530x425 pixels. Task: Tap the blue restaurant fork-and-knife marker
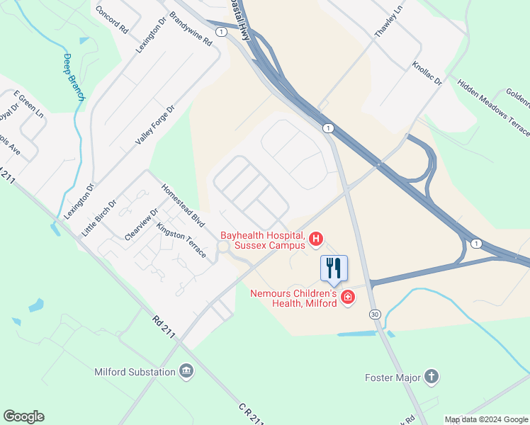[x=334, y=268]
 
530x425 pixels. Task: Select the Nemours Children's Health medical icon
[x=347, y=297]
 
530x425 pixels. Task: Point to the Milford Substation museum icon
[x=186, y=372]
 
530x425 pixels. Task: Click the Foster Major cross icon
[x=432, y=376]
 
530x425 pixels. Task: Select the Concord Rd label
[x=112, y=21]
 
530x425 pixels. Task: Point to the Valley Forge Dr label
[x=154, y=124]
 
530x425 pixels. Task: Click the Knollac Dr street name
[x=427, y=74]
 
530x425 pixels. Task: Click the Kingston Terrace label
[x=181, y=240]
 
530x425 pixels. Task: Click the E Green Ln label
[x=28, y=106]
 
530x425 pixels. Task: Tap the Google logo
[x=23, y=416]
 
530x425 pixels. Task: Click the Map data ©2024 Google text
[x=485, y=419]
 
